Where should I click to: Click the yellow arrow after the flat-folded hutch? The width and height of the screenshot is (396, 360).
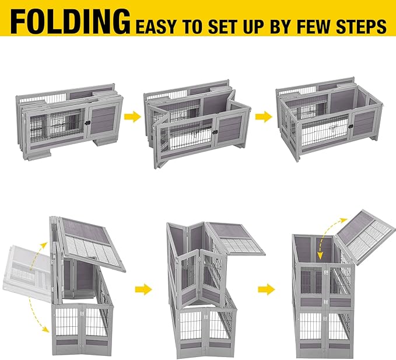(133, 117)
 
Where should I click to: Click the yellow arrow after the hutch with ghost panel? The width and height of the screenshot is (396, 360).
(143, 288)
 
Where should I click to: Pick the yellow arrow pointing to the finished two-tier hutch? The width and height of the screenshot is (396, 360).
(267, 288)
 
